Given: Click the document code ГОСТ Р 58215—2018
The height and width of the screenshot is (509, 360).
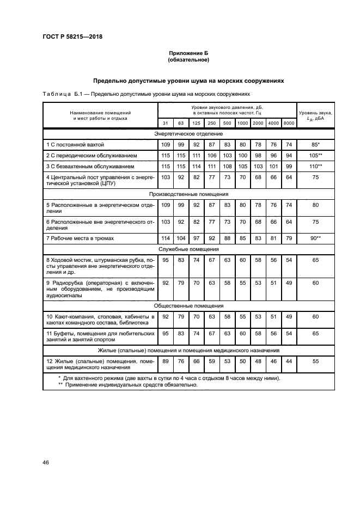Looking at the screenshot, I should click(72, 37).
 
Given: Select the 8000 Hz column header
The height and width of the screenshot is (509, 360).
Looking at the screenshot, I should click(289, 123).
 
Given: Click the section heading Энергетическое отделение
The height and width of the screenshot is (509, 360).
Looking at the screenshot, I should click(188, 133).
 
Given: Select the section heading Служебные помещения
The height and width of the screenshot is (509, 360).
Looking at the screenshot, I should click(188, 249).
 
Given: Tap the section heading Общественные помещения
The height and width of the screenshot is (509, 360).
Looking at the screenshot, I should click(188, 306).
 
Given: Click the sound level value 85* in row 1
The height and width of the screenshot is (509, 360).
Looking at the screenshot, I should click(315, 144).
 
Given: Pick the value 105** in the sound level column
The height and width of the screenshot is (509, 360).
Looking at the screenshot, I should click(315, 156).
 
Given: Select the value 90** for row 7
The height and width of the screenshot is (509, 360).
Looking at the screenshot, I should click(315, 238).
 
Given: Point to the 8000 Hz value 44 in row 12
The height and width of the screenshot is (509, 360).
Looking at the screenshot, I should click(289, 360).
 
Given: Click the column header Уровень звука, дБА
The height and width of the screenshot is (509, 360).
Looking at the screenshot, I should click(315, 115).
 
